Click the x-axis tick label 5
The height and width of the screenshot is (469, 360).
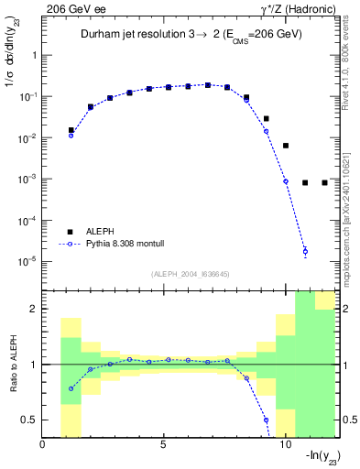(x=164, y=446)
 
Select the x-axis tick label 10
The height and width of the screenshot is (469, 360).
(x=285, y=446)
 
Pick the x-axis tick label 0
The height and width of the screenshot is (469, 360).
(x=43, y=446)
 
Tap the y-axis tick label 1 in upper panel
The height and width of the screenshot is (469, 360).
(x=33, y=55)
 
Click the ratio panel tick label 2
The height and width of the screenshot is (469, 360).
(x=33, y=310)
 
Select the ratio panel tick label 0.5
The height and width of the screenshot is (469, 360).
(x=28, y=420)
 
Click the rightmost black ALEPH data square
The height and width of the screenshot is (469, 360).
(x=324, y=182)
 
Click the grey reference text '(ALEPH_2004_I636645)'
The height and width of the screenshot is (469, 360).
(x=191, y=274)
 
